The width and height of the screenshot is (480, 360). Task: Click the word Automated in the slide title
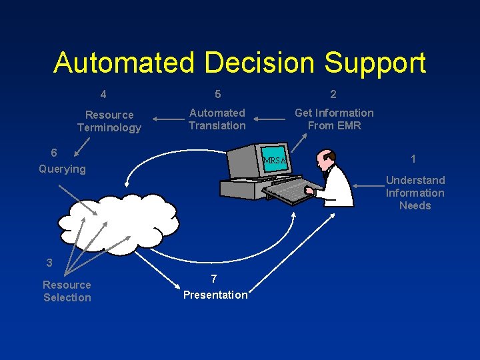tap(124, 63)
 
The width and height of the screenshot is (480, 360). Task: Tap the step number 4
tap(103, 94)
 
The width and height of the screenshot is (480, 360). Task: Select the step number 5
tap(218, 94)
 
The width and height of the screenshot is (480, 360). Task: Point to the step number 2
tap(333, 94)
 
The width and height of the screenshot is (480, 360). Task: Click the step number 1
tap(414, 159)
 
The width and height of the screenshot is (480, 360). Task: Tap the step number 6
tap(54, 153)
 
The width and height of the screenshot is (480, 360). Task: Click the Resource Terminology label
tap(109, 121)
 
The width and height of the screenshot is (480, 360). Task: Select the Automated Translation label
tap(217, 119)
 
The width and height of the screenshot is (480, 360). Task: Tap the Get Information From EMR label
tap(334, 119)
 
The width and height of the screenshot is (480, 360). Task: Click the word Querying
tap(62, 169)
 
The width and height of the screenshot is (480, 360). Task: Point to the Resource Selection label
tap(67, 291)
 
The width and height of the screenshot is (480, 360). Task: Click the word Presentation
tap(215, 295)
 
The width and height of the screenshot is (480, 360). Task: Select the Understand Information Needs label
tap(415, 193)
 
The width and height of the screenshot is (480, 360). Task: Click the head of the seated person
tap(327, 159)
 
